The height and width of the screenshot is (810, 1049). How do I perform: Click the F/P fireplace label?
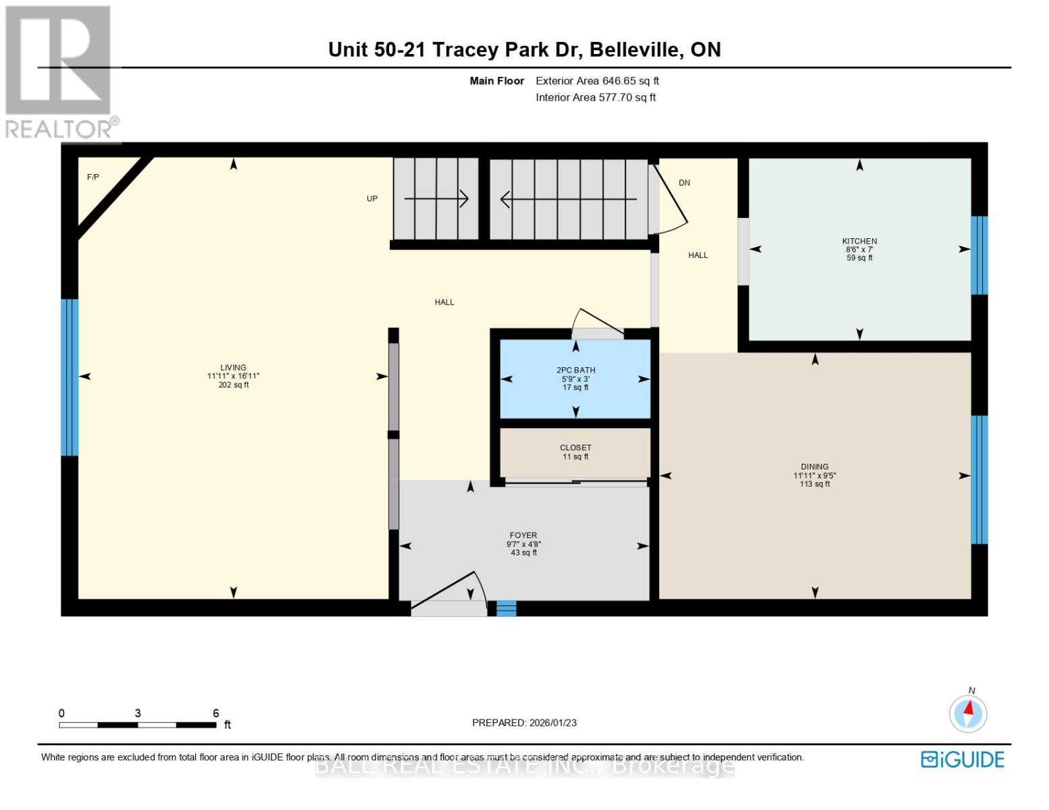[x=93, y=178]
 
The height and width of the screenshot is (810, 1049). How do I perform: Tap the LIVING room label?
[x=233, y=368]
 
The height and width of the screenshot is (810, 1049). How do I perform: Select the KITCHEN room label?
[x=859, y=241]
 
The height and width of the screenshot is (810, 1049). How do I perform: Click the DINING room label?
[x=815, y=466]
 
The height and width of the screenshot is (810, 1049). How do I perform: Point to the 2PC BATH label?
[x=575, y=370]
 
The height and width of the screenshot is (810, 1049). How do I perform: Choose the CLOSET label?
[x=575, y=448]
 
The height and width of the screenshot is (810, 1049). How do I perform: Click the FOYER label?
[x=523, y=535]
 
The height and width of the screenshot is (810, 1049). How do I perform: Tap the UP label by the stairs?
[x=372, y=198]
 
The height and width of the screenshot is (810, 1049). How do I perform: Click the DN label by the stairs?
[x=684, y=183]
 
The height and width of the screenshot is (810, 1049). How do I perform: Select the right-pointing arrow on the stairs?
[x=436, y=198]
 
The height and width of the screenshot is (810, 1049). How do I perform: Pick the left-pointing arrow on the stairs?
[x=567, y=199]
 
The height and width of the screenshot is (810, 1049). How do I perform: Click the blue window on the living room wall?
[x=70, y=377]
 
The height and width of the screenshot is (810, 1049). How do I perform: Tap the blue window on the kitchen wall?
[x=979, y=255]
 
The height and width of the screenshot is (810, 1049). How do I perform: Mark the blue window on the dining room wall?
[x=979, y=479]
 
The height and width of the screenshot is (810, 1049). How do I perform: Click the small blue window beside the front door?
[x=506, y=608]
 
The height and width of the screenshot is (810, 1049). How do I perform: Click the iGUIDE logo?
[x=963, y=759]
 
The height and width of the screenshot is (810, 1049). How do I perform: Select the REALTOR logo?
[x=59, y=71]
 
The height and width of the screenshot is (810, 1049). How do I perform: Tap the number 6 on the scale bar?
[x=216, y=713]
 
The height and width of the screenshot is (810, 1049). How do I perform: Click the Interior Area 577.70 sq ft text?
[x=595, y=97]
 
